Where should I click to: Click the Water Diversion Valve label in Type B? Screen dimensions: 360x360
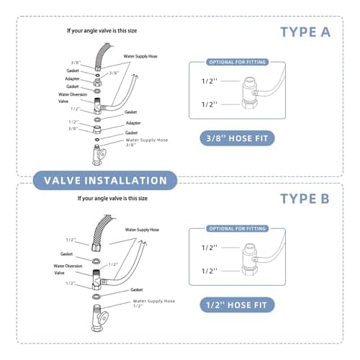[69, 269]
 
